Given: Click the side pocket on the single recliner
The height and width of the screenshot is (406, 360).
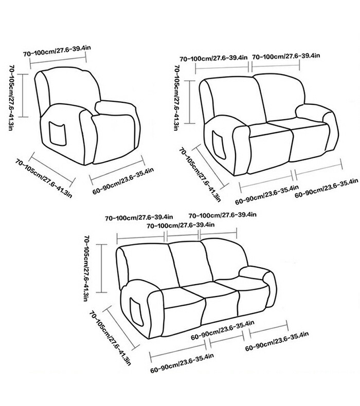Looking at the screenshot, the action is pos(57,134).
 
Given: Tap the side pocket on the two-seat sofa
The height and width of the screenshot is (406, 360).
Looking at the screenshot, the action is pos(219,145).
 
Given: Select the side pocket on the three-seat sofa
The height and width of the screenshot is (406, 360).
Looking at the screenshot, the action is pos(136,312).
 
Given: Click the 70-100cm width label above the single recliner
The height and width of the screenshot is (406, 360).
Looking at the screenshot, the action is pos(57,51).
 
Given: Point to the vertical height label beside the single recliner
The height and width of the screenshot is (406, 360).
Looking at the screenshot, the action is pos(11,98).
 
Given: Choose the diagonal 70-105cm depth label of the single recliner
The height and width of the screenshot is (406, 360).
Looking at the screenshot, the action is pos(44,179).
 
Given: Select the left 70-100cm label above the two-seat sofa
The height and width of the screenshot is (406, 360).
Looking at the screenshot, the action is pos(214,58).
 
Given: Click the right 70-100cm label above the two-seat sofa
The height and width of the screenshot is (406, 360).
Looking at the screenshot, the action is pos(286,56).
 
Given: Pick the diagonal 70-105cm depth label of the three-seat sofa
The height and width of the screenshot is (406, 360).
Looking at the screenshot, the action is pos(110,338).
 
